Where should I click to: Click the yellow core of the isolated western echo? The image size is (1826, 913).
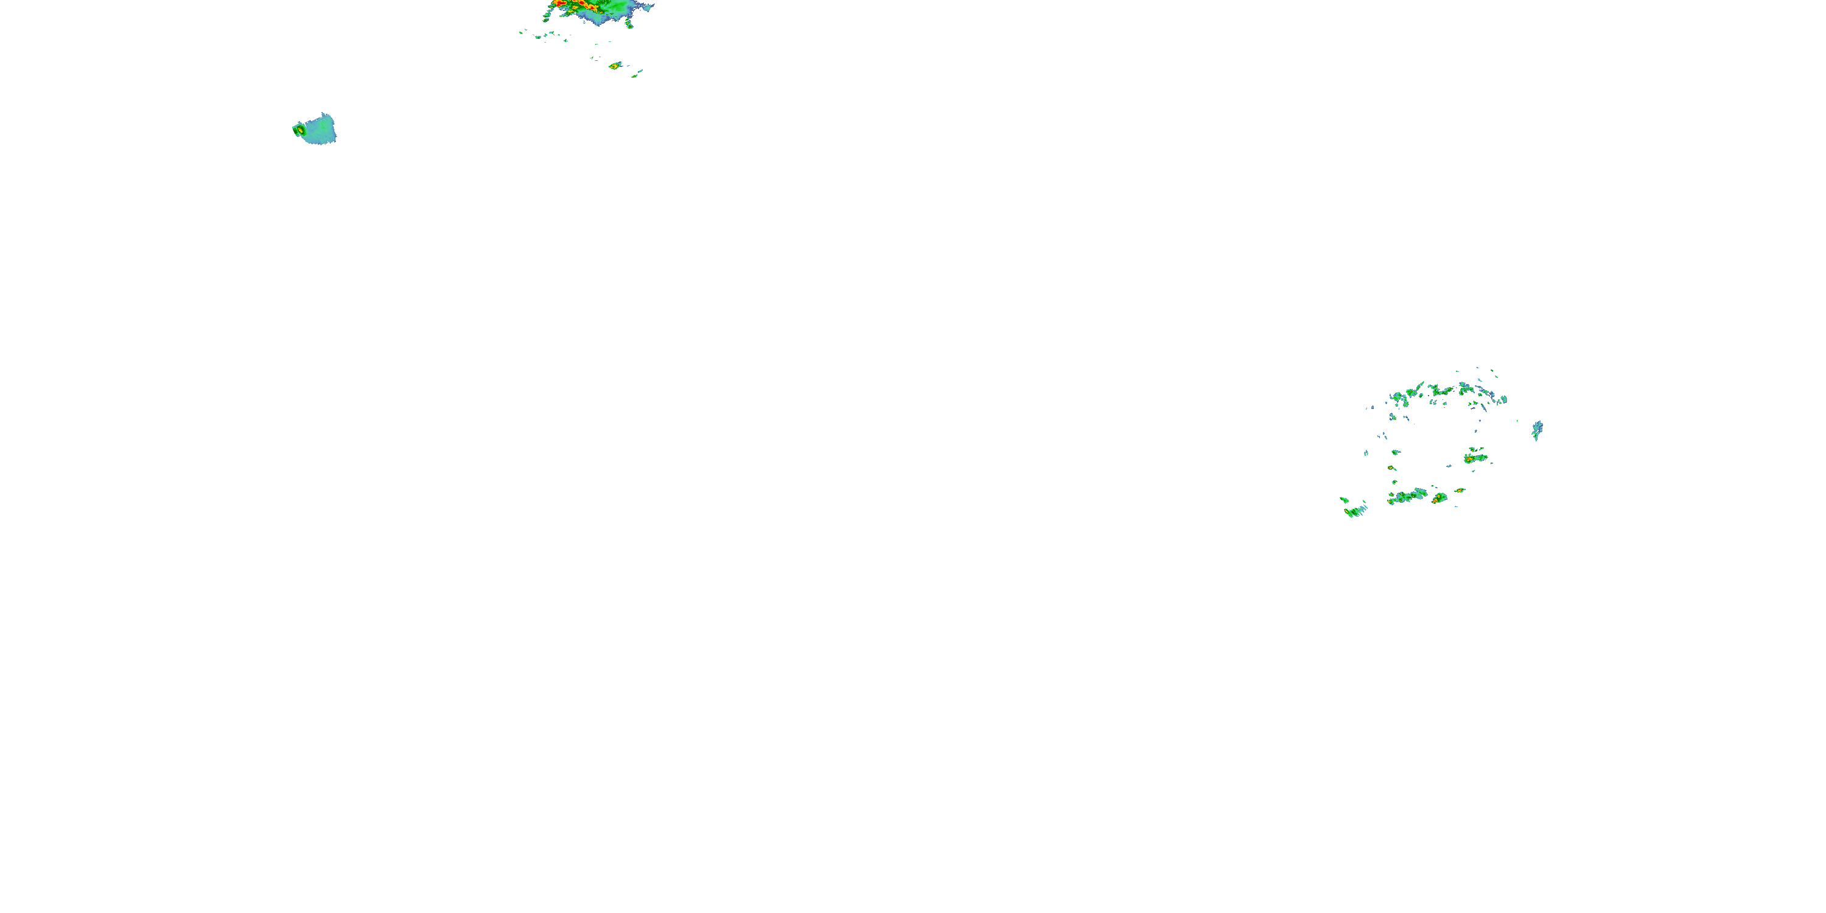coord(301,130)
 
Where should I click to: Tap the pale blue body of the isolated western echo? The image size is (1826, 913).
coord(320,130)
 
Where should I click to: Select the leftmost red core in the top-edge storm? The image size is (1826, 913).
coord(560,4)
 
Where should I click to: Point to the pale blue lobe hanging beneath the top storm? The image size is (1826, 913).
coord(600,17)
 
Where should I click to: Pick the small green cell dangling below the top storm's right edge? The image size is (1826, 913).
coord(629,25)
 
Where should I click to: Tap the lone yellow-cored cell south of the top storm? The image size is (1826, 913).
coord(615,66)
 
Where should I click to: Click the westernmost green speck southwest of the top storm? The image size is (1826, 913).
coord(522,30)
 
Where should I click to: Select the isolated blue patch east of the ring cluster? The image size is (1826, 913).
coord(1537,430)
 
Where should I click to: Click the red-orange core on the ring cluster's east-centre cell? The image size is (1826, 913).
coord(1469,460)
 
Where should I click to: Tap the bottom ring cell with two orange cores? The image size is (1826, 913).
coord(1438,499)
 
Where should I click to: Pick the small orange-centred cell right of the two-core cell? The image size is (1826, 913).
coord(1459,490)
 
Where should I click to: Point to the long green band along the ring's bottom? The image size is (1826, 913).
coord(1408,496)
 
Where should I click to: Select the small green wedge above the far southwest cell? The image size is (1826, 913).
coord(1344,500)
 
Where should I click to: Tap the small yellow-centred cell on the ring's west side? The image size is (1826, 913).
coord(1391,468)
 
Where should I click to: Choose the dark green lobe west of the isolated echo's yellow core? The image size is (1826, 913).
coord(295,130)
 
